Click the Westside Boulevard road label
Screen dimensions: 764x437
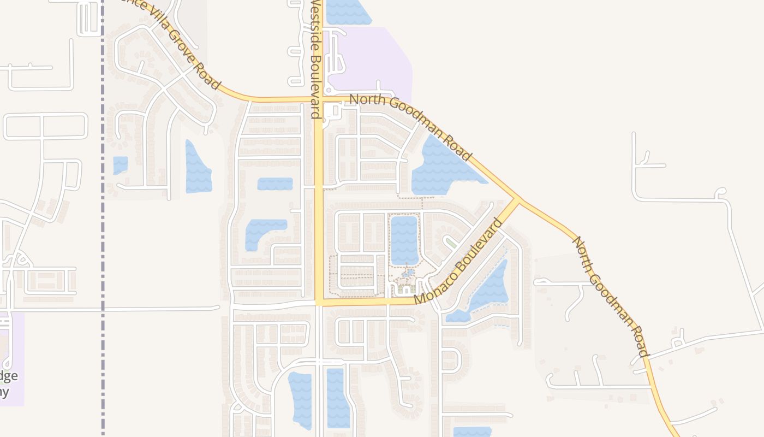pos(315,59)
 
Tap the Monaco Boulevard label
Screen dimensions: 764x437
pos(457,262)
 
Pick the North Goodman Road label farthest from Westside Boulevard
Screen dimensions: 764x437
pos(610,296)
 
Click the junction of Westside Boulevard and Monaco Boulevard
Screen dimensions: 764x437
pos(320,302)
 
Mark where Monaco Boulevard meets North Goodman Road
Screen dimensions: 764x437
pos(518,199)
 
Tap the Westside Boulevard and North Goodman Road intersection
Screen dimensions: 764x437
pos(320,99)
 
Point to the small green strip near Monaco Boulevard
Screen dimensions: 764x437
pos(450,241)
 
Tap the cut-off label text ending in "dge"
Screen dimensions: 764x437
pos(9,376)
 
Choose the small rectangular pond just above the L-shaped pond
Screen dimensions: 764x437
pos(274,184)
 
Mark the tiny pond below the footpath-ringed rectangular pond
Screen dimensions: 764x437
pos(408,273)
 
